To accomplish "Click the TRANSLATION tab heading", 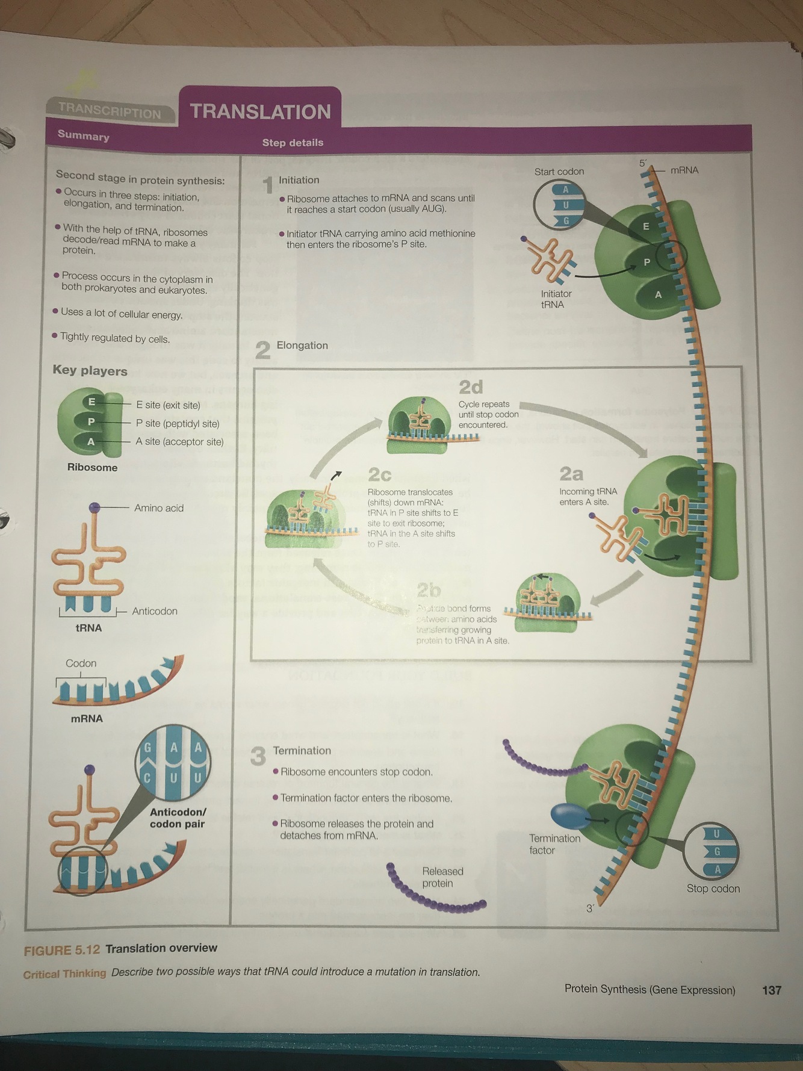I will click(x=260, y=111).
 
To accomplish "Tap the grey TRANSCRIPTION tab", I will click(x=110, y=111).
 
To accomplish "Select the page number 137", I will click(x=771, y=990).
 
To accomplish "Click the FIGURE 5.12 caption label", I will click(x=61, y=950).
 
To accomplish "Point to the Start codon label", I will click(x=559, y=172).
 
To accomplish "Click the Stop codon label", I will click(x=713, y=889).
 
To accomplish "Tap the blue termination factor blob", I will click(x=569, y=816).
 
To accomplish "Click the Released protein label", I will click(x=442, y=877).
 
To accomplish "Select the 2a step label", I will click(x=571, y=474).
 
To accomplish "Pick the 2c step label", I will click(x=379, y=475).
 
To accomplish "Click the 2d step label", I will click(x=471, y=386).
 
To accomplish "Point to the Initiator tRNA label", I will click(x=556, y=299).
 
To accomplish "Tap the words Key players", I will click(x=90, y=370).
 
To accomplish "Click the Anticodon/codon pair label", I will click(x=178, y=818).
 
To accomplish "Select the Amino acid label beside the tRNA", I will click(x=159, y=508).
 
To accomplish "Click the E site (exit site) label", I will click(x=168, y=405).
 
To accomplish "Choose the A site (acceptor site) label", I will click(x=179, y=442).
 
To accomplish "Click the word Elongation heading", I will click(x=302, y=346).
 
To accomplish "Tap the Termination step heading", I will click(x=302, y=751).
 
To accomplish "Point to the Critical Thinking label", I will click(x=64, y=973).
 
